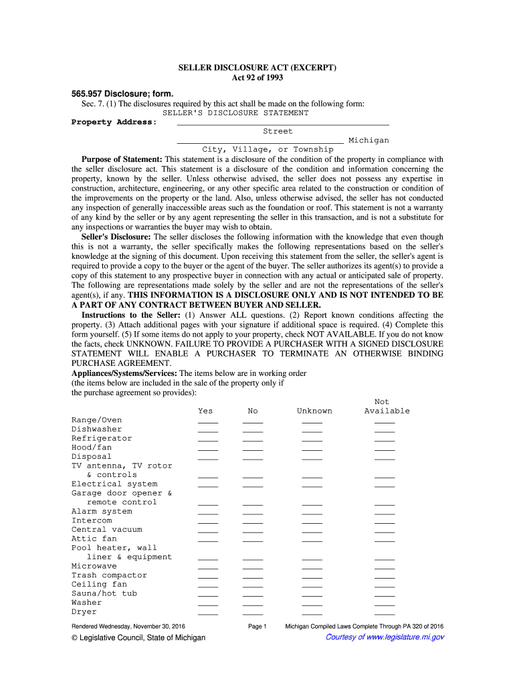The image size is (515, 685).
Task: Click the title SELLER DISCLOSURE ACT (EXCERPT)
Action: point(257,68)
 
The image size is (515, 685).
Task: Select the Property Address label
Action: point(114,122)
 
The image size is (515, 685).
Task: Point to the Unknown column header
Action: point(314,411)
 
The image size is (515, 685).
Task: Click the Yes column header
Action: point(205,411)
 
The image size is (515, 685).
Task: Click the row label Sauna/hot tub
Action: point(104,593)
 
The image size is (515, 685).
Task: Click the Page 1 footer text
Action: point(257,626)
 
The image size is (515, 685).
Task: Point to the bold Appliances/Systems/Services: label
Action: point(124,373)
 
